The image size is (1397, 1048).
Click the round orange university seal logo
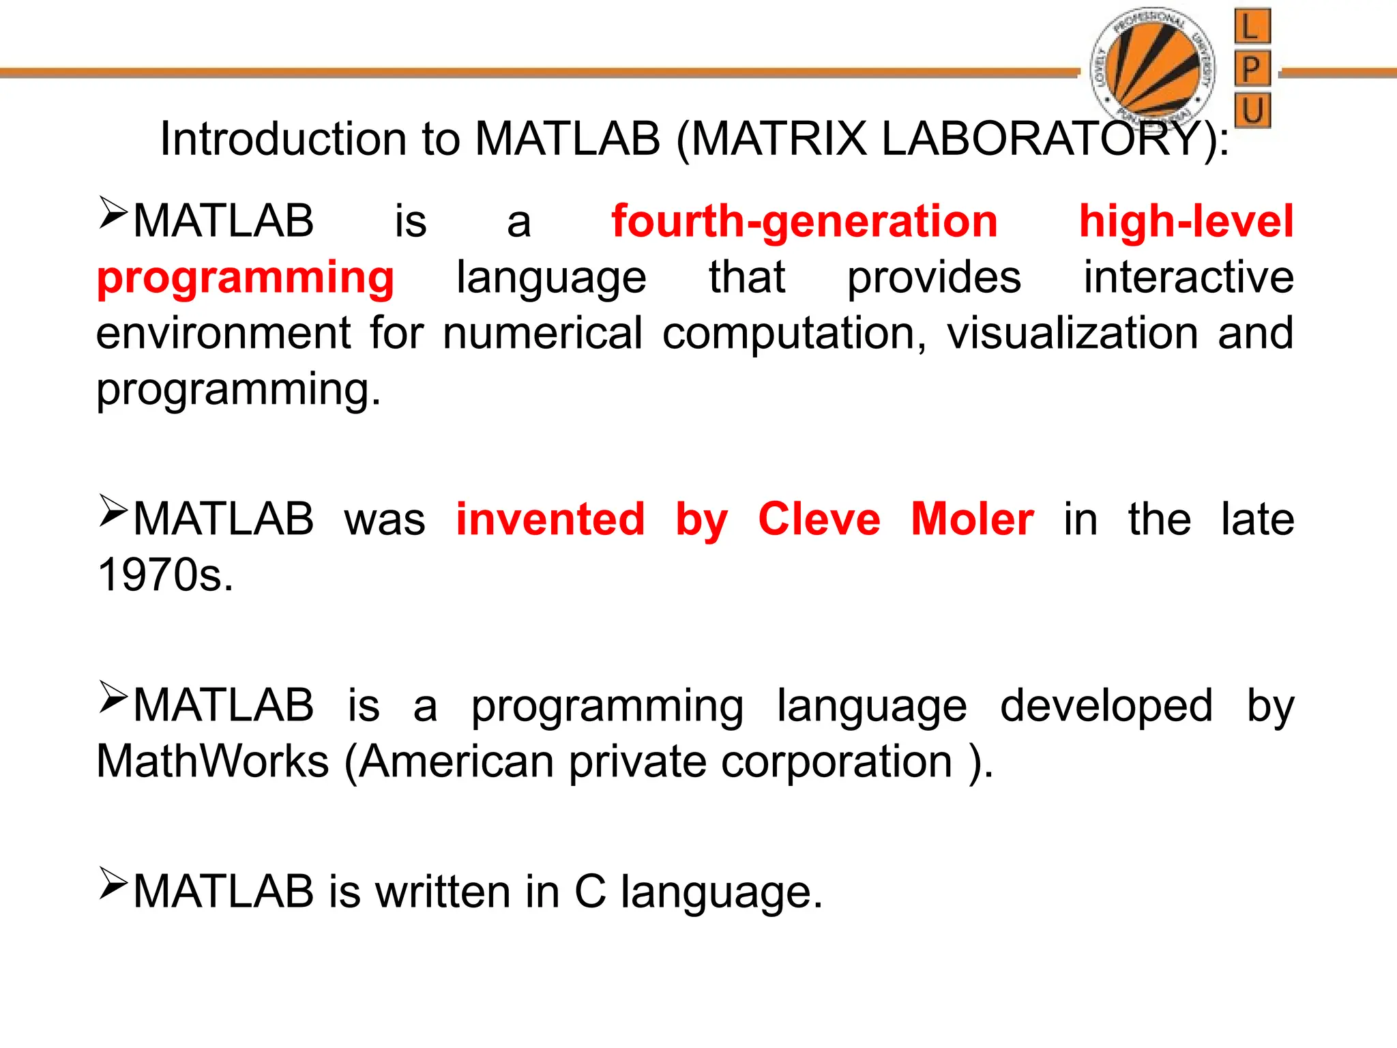coord(1153,68)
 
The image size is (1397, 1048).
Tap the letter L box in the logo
coord(1252,27)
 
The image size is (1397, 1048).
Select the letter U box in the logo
coord(1252,111)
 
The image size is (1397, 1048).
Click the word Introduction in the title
coord(284,139)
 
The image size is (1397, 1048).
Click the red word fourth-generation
coord(804,222)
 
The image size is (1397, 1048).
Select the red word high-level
coord(1186,222)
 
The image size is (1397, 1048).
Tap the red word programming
coord(246,278)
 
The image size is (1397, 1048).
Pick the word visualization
coord(1072,334)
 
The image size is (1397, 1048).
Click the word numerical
coord(542,334)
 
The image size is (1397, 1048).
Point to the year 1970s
coord(165,575)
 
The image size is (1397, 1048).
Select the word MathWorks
coord(213,761)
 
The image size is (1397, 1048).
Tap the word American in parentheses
coord(456,761)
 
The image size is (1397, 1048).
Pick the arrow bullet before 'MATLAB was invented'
coord(113,511)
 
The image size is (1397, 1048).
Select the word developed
coord(1106,705)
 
